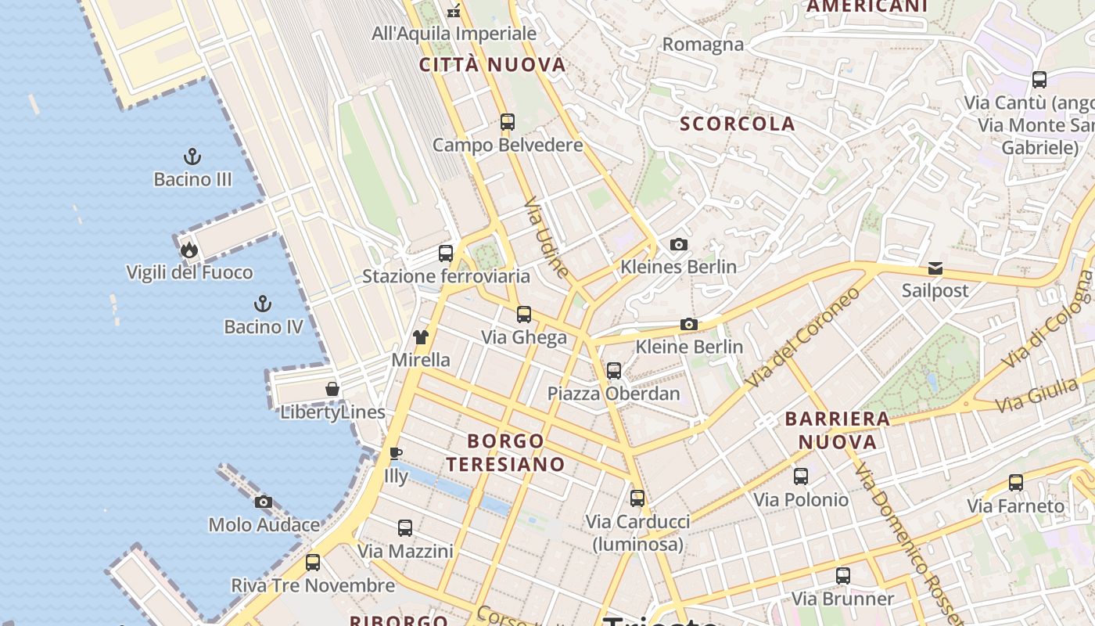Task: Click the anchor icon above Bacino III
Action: [x=192, y=156]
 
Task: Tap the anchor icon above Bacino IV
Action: [x=263, y=303]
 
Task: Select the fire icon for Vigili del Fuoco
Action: [x=188, y=250]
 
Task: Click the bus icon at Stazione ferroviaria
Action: [x=446, y=253]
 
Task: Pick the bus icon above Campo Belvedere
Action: [x=508, y=121]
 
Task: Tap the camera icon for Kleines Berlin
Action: [x=679, y=244]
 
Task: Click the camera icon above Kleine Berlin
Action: [x=688, y=324]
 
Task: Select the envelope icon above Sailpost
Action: [x=935, y=268]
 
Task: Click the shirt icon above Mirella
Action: [x=421, y=337]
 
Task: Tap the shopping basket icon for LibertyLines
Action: [x=332, y=389]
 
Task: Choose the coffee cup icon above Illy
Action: [x=396, y=453]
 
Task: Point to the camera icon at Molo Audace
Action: [x=264, y=502]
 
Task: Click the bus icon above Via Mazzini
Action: [x=405, y=528]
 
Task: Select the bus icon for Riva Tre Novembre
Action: [x=313, y=562]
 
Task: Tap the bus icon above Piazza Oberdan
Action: [x=614, y=370]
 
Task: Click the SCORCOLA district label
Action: [x=737, y=124]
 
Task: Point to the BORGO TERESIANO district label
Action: [x=505, y=452]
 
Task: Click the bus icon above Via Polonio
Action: [x=801, y=476]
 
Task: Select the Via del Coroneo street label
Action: [x=803, y=337]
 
